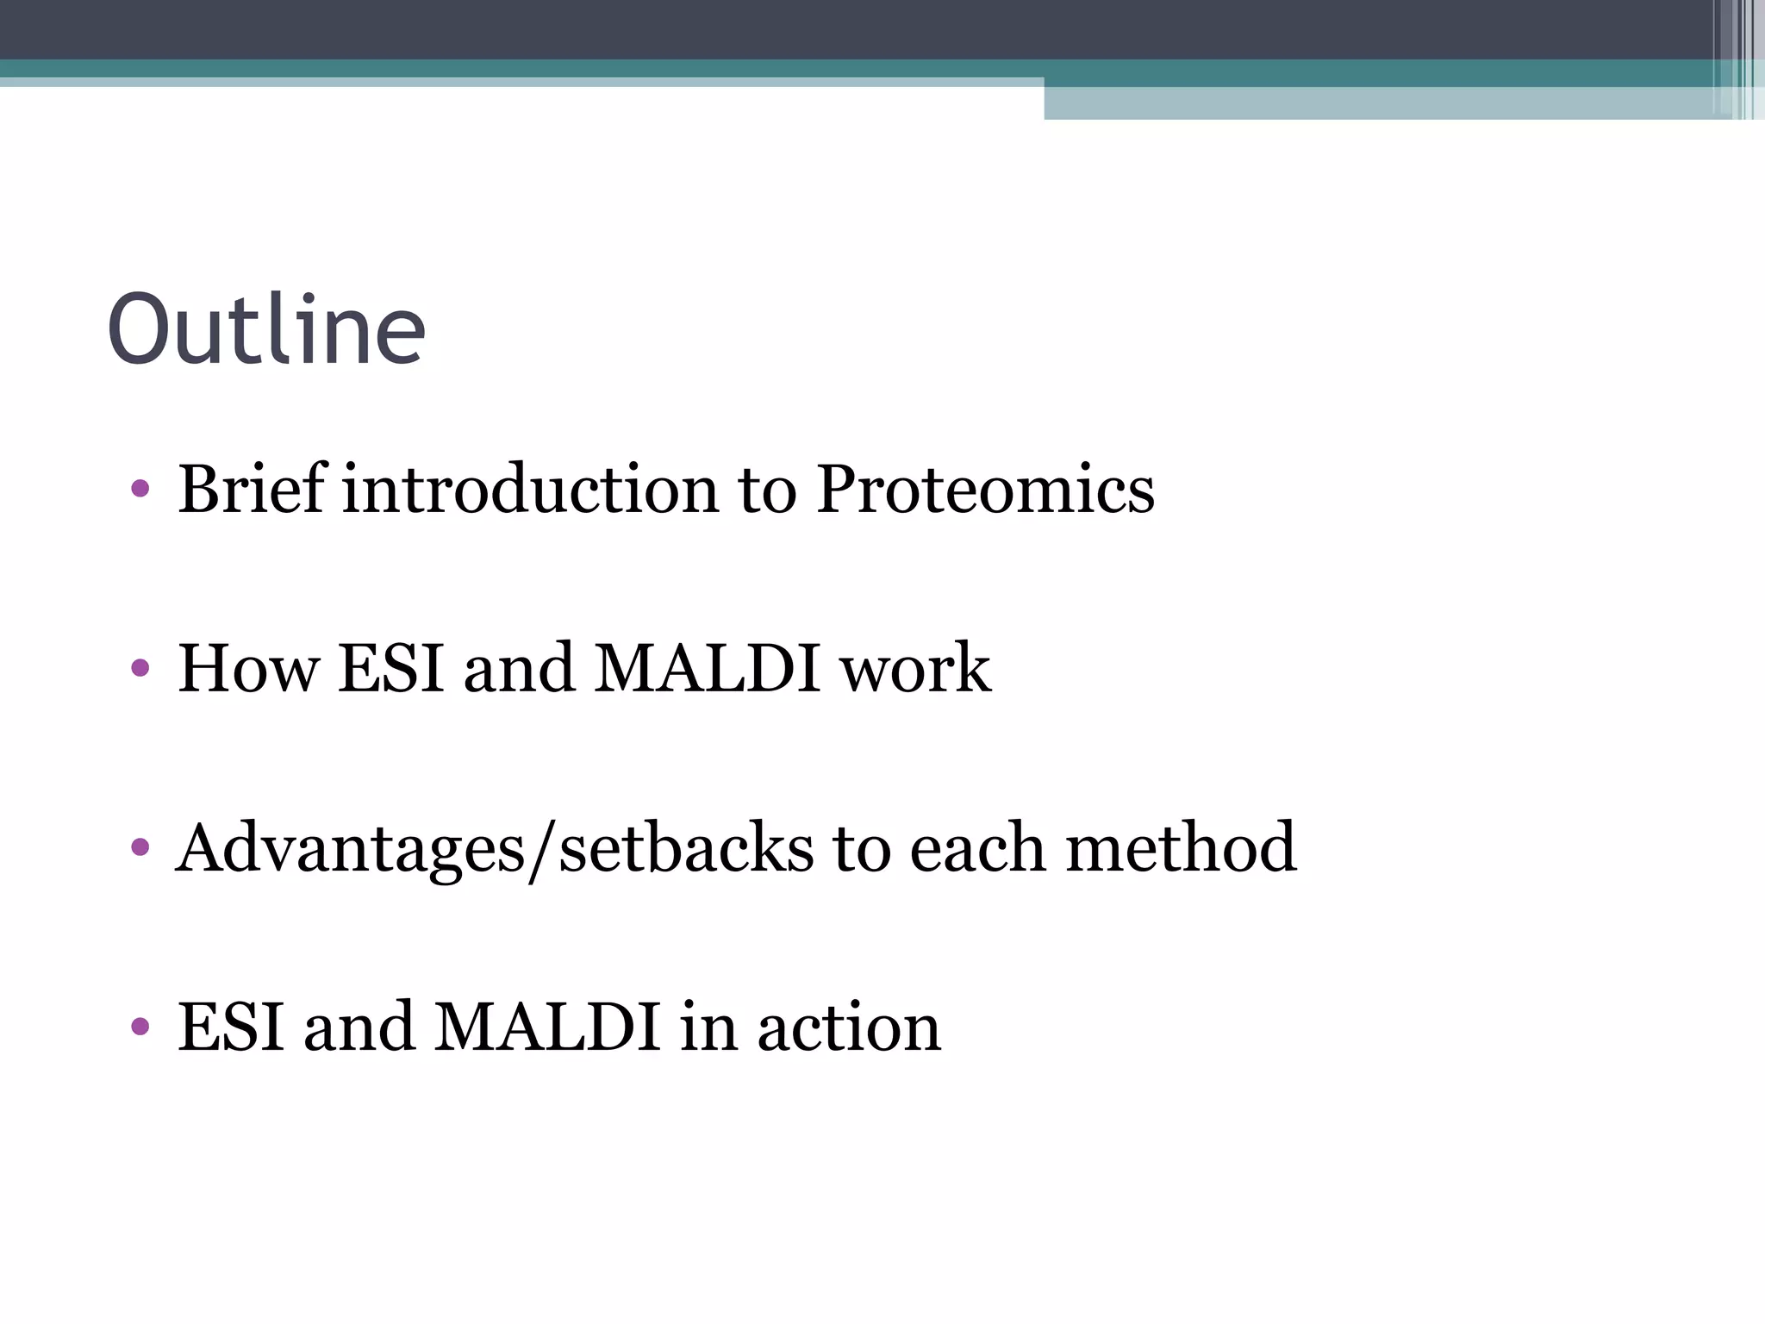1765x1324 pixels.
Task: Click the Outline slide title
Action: tap(266, 329)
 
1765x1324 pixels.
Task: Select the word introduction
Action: tap(530, 489)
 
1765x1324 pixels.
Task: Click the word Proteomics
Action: tap(984, 489)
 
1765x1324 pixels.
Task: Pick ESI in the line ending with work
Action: tap(391, 668)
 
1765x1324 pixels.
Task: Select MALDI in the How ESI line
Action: tap(707, 668)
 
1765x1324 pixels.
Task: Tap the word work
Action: tap(915, 670)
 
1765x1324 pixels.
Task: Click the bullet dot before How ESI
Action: tap(140, 668)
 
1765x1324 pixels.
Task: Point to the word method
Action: tap(1181, 848)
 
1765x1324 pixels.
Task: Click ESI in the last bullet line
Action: tap(230, 1027)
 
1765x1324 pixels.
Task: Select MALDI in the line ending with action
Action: tap(546, 1027)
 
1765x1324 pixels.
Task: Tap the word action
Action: tap(849, 1028)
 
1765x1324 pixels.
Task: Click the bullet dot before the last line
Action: tap(140, 1027)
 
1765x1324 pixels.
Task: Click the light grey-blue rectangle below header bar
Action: tap(1379, 103)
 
